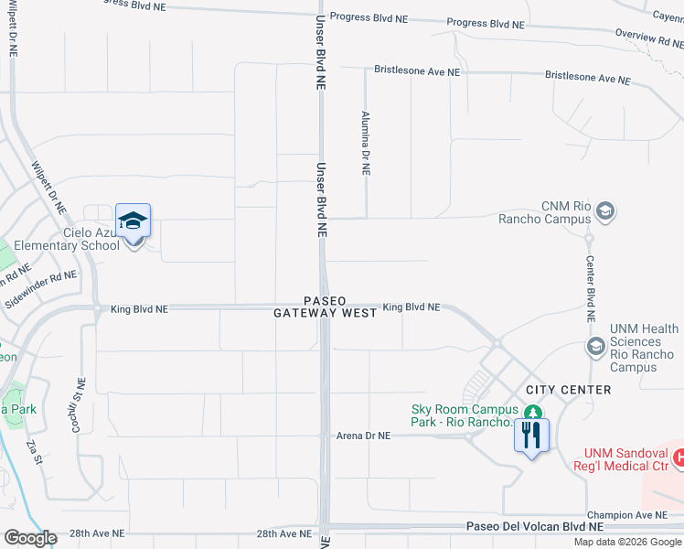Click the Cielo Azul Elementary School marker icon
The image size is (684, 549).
point(133,222)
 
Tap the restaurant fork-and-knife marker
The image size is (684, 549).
point(531,433)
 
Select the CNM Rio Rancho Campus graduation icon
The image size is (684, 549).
point(604,212)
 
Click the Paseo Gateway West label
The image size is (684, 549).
point(326,307)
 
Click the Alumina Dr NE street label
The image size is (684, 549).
point(366,145)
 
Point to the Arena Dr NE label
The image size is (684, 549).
point(363,436)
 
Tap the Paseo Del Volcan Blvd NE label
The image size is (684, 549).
point(535,526)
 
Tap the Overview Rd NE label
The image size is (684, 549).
point(648,37)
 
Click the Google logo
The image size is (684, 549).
point(29,538)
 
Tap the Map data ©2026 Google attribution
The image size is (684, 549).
point(627,542)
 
